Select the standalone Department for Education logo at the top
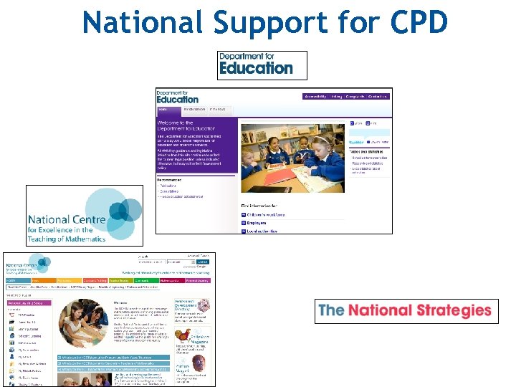tap(262, 65)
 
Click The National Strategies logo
tap(406, 310)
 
